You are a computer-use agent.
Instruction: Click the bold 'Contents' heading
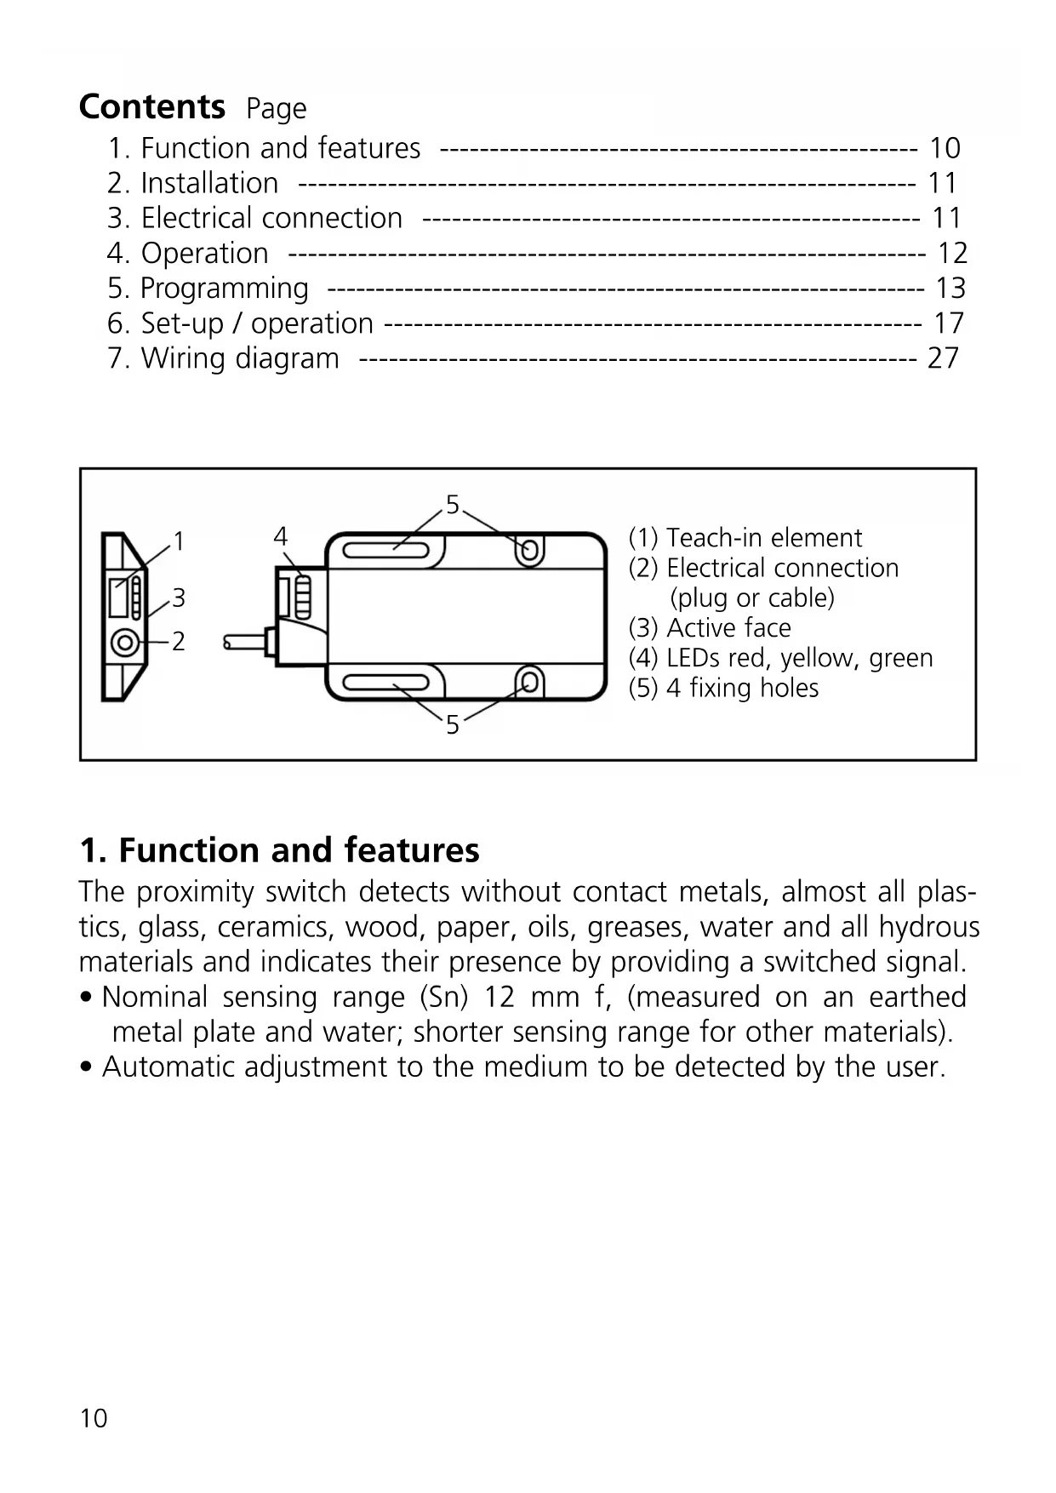(x=151, y=107)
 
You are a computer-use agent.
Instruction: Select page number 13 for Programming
(x=950, y=289)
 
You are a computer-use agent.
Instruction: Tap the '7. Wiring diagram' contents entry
(x=223, y=358)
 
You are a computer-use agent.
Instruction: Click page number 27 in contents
(x=943, y=358)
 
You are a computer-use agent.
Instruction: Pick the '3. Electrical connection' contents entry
(x=254, y=218)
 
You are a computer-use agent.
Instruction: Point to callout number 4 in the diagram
(x=281, y=536)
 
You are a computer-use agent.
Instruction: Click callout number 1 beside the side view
(x=179, y=541)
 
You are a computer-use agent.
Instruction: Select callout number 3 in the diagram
(x=179, y=598)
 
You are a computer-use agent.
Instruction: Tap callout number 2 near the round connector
(x=179, y=641)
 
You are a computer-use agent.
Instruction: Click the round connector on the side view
(x=125, y=642)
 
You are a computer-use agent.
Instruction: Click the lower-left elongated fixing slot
(x=387, y=683)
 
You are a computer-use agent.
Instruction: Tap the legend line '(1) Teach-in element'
(x=745, y=538)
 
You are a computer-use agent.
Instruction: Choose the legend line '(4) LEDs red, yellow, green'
(x=780, y=658)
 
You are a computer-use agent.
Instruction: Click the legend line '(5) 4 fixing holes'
(x=723, y=688)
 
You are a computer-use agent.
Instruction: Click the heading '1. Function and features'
(x=279, y=850)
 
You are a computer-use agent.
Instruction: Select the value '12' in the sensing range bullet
(x=499, y=997)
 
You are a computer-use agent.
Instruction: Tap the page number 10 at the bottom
(x=94, y=1418)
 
